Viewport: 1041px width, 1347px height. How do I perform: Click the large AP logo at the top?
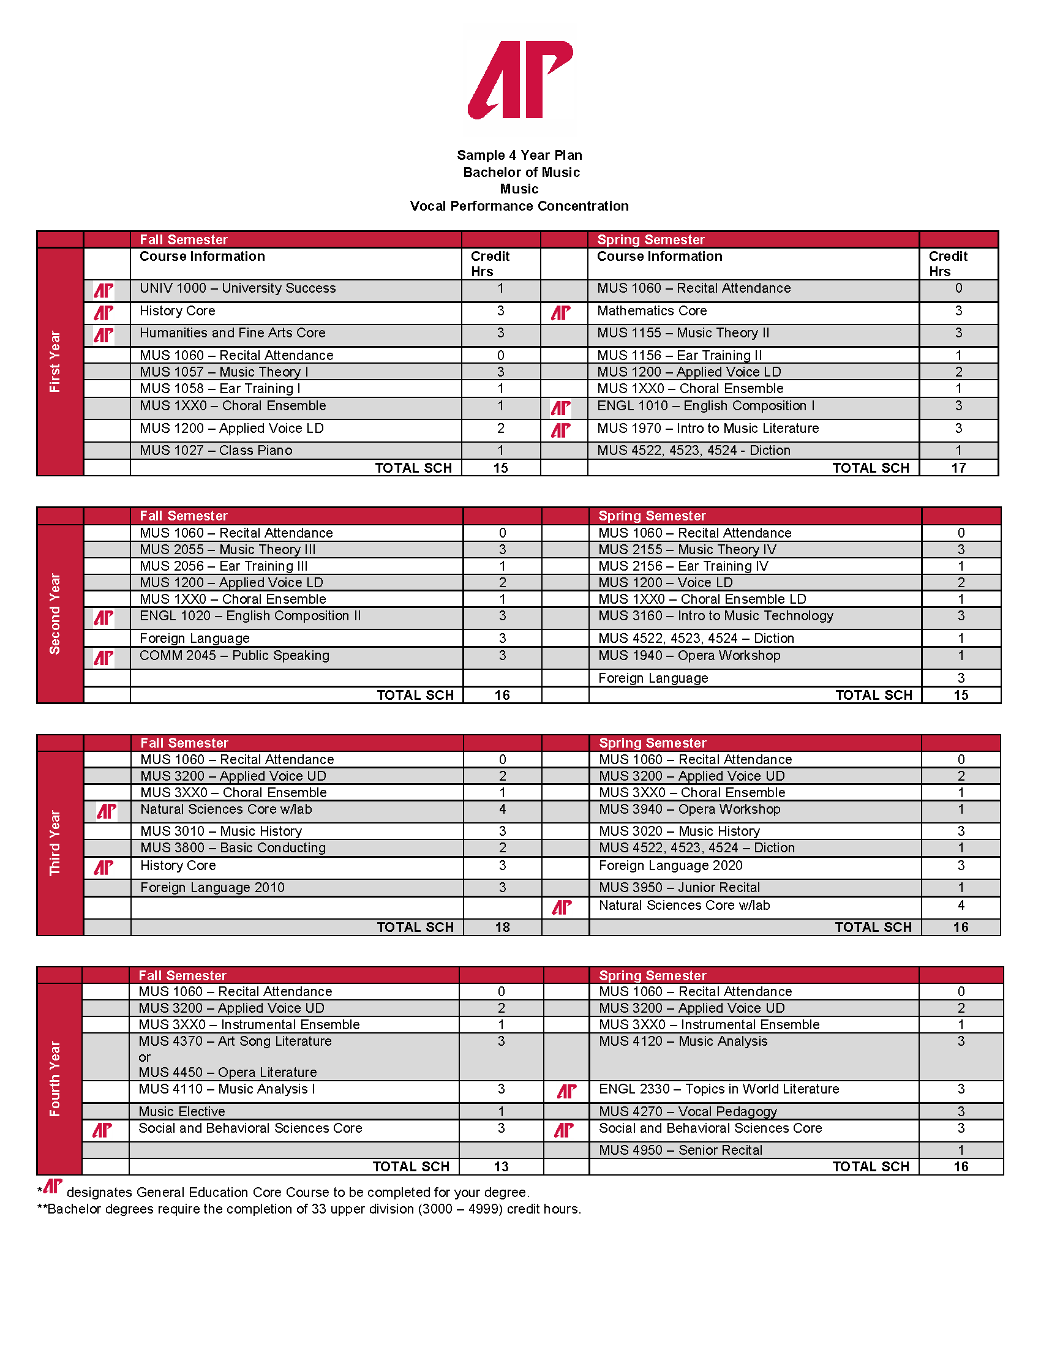(520, 80)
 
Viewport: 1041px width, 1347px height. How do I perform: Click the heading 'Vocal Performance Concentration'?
(519, 206)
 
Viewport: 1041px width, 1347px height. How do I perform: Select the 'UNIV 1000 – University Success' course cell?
(238, 288)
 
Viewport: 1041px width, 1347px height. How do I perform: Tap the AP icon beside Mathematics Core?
(560, 313)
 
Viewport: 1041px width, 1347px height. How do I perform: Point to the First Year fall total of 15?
(500, 468)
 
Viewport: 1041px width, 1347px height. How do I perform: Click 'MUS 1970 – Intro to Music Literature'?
(708, 429)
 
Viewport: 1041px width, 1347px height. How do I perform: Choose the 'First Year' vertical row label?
(56, 361)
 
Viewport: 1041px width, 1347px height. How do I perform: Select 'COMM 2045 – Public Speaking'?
(235, 656)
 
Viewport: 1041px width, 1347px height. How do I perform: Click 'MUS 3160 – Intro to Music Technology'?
(715, 615)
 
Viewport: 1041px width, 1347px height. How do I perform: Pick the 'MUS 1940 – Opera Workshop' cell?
(689, 656)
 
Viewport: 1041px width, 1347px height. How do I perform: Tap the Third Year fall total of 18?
(502, 927)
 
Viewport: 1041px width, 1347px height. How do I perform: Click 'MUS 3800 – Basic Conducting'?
(233, 848)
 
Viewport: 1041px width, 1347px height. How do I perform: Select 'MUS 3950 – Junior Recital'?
(679, 888)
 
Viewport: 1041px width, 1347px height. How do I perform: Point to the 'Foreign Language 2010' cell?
(212, 888)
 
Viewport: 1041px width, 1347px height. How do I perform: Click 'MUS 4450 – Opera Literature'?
(228, 1072)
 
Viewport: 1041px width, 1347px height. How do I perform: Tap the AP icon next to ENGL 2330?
(567, 1092)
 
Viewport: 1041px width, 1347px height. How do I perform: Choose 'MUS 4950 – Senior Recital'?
(680, 1150)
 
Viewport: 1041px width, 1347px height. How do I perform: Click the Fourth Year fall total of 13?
(501, 1166)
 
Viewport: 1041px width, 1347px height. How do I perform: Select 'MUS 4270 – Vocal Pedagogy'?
(688, 1111)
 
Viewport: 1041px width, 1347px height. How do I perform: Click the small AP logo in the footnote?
(53, 1186)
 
